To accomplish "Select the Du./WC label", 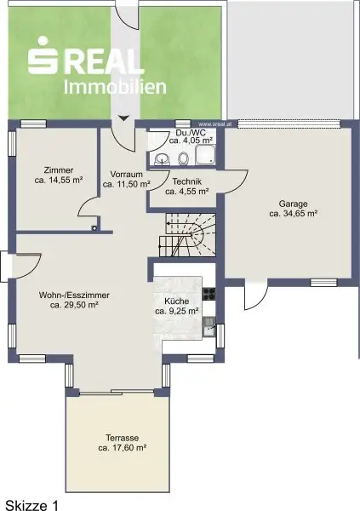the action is click(191, 133).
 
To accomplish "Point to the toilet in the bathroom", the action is click(184, 158).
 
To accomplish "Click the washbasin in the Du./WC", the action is click(163, 158).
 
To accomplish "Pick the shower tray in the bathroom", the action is click(206, 154).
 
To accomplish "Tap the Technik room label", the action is click(187, 181).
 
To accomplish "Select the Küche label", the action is click(176, 301).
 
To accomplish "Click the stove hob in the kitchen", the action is click(209, 294).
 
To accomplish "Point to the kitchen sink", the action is click(209, 327).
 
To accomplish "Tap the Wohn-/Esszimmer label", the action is click(74, 296).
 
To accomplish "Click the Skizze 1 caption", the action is click(31, 505).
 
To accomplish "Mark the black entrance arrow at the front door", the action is click(123, 118).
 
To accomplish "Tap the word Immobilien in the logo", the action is click(115, 86).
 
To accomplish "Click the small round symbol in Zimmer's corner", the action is click(94, 228).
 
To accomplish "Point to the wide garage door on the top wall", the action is click(289, 123).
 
